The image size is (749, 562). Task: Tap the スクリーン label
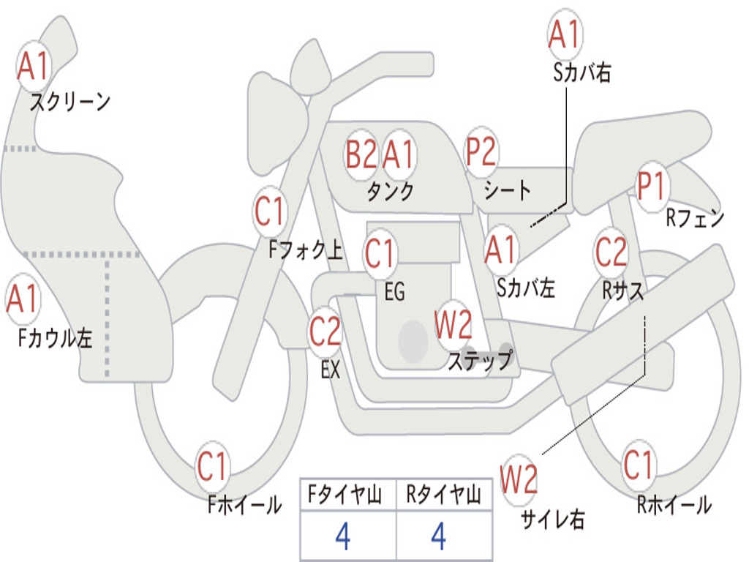69,102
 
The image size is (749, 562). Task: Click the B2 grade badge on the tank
361,154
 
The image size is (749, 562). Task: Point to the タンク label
390,192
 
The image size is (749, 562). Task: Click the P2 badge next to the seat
481,152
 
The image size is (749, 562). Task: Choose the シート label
508,191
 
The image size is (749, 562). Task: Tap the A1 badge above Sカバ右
565,34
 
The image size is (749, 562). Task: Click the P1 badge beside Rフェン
651,187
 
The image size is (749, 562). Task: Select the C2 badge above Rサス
611,252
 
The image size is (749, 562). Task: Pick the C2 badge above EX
325,332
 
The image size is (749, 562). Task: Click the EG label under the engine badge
394,292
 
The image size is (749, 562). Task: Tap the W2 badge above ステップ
453,324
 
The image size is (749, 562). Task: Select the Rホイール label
674,504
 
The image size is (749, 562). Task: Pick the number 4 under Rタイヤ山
439,537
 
